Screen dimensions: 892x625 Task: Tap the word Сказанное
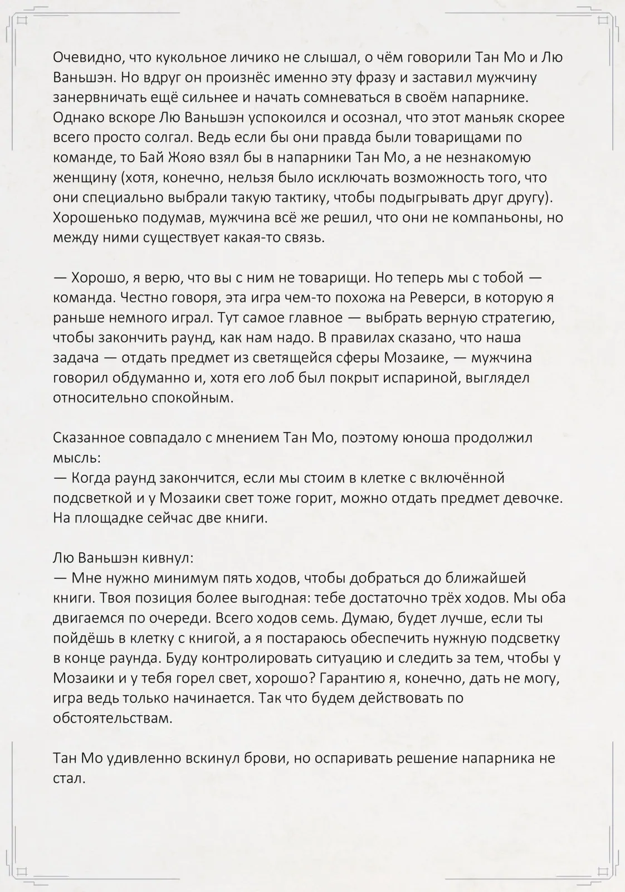pos(89,438)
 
